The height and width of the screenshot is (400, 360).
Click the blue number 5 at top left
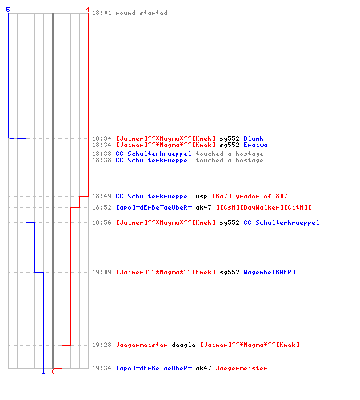point(8,10)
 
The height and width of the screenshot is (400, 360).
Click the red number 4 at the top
point(88,10)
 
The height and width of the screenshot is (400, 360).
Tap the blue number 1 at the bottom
point(43,371)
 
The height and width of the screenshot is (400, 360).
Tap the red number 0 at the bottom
point(53,371)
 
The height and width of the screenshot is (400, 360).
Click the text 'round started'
point(142,13)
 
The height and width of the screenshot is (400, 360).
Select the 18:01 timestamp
point(102,13)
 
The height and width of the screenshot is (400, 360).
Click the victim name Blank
point(254,138)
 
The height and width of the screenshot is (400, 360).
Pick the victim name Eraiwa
point(255,145)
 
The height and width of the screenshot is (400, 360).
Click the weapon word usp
point(202,197)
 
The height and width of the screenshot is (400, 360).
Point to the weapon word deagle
point(183,345)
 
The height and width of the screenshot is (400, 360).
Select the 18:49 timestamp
point(102,196)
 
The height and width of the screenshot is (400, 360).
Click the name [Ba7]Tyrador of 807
point(250,196)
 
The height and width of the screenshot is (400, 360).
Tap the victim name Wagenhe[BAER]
point(270,272)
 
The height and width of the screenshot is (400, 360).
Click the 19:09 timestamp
point(102,272)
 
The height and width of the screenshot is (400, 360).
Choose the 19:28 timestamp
point(102,345)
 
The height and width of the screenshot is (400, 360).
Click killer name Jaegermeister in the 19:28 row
point(142,345)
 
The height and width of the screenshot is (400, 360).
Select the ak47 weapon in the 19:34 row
point(203,368)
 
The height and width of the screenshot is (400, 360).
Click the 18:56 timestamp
point(102,222)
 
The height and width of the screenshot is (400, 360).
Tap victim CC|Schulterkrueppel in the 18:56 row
point(282,222)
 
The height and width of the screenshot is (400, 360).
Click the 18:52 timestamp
point(102,207)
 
